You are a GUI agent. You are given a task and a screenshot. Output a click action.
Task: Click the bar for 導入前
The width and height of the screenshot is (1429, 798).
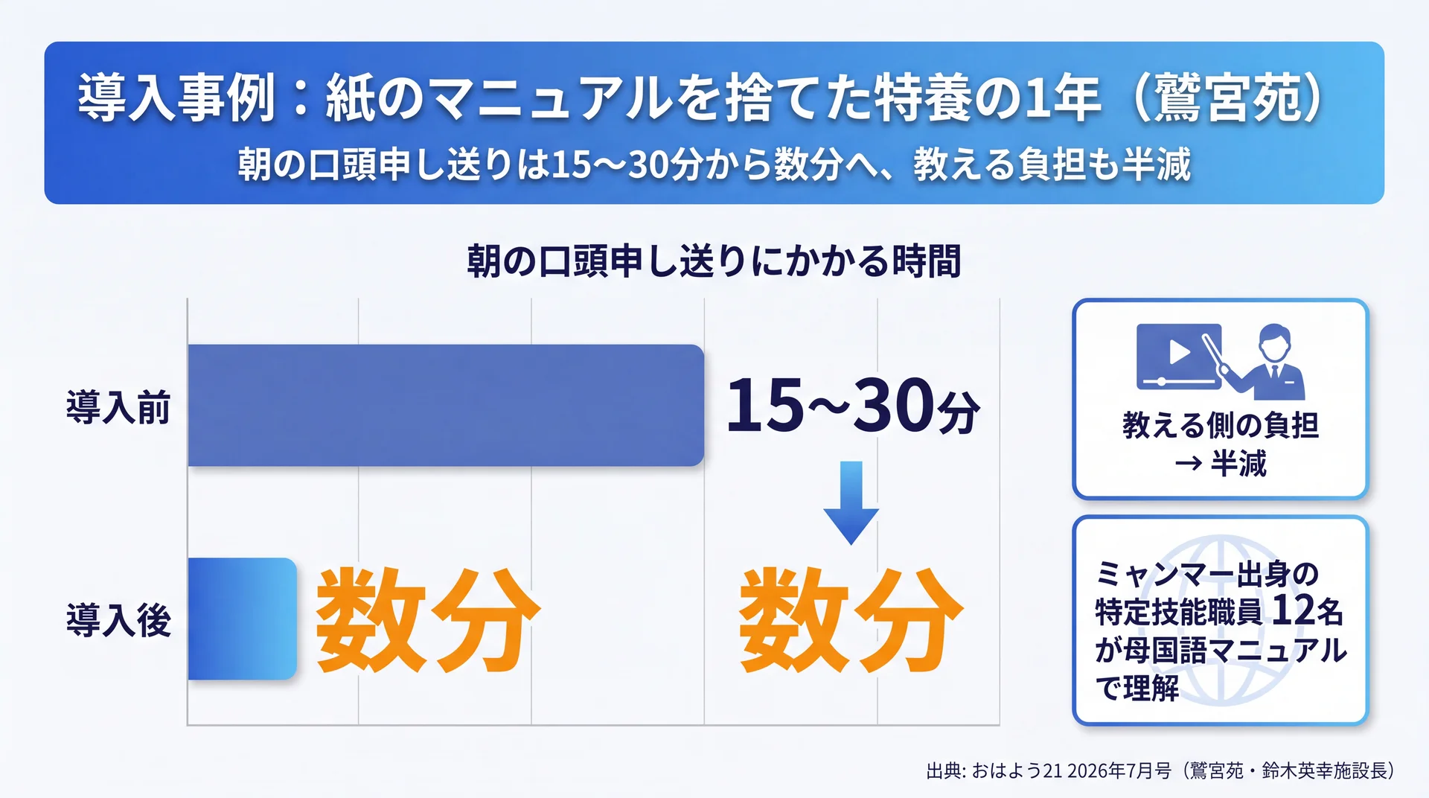click(446, 405)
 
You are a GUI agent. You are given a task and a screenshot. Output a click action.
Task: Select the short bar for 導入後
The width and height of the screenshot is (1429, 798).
click(242, 619)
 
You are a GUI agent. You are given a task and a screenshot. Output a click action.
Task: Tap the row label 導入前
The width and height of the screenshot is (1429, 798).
click(119, 407)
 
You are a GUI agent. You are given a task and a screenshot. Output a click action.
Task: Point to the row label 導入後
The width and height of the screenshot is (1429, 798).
click(119, 620)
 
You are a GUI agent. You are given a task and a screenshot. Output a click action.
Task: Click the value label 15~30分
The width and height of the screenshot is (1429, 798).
click(853, 405)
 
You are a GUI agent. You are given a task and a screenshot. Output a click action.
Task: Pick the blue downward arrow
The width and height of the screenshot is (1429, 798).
click(851, 502)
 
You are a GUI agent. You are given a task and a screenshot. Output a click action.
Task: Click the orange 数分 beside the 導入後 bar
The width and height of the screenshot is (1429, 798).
click(428, 620)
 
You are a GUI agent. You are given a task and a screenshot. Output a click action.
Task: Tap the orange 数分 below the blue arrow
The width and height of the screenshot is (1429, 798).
click(851, 620)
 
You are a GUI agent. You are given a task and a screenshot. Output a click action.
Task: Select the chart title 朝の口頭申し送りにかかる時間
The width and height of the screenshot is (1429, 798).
click(714, 261)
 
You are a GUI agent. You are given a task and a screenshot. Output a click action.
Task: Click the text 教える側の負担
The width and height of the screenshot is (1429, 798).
click(1221, 425)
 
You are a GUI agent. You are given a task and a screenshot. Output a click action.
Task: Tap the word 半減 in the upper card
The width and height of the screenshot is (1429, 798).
click(1238, 464)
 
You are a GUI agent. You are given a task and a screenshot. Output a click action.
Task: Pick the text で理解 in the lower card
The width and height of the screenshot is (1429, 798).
click(1137, 688)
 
